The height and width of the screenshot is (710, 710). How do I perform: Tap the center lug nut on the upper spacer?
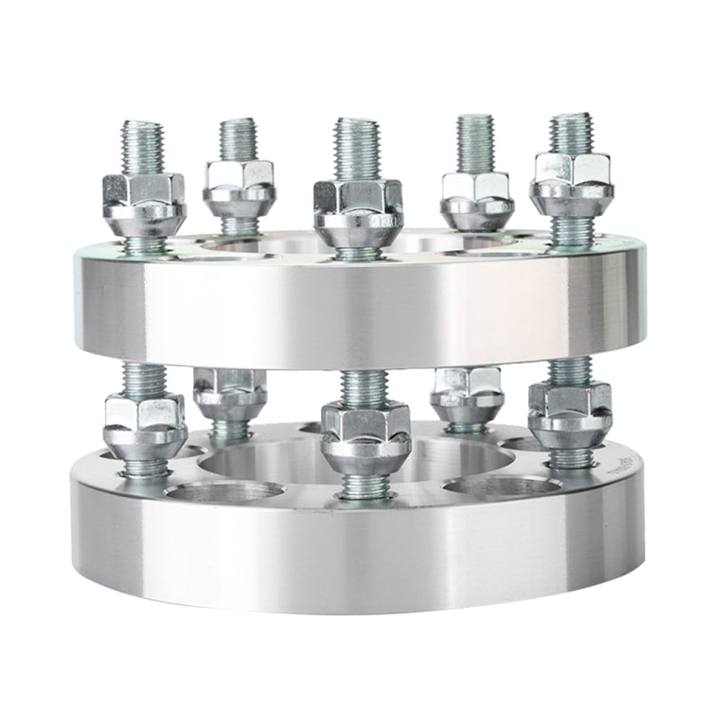pos(358,210)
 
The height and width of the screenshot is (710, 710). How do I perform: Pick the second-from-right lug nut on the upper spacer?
pos(475,197)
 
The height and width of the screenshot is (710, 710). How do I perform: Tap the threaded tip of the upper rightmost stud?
pos(571,133)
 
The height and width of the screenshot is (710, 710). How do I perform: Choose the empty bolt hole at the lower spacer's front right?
pos(500,488)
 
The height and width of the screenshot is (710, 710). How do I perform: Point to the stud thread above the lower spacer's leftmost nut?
pos(143,377)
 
